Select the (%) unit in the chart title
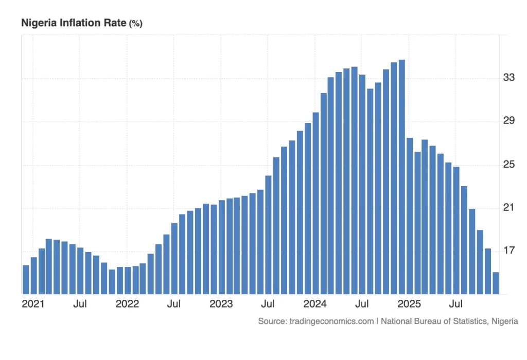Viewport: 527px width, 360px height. pos(136,24)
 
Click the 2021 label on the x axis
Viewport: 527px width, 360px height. pos(33,304)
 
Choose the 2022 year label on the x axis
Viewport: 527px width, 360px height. pos(127,304)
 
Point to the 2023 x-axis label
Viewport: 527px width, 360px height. pos(222,304)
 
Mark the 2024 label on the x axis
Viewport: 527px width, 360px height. pos(316,304)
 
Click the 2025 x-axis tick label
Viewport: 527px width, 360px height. pos(410,304)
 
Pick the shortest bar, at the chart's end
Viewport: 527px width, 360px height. pos(496,283)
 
